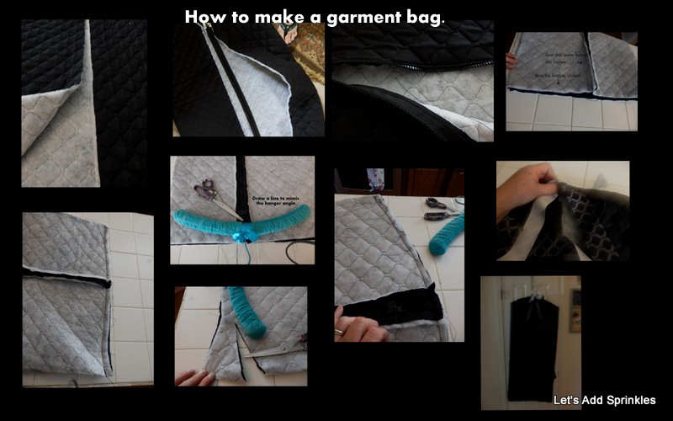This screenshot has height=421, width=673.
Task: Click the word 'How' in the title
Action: (x=201, y=17)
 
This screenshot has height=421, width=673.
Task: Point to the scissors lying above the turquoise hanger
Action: (x=210, y=195)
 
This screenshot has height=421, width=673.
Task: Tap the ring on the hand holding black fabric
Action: (x=339, y=332)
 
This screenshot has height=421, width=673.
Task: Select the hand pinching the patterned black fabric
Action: (x=522, y=189)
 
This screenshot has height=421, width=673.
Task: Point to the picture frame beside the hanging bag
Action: (x=575, y=299)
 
